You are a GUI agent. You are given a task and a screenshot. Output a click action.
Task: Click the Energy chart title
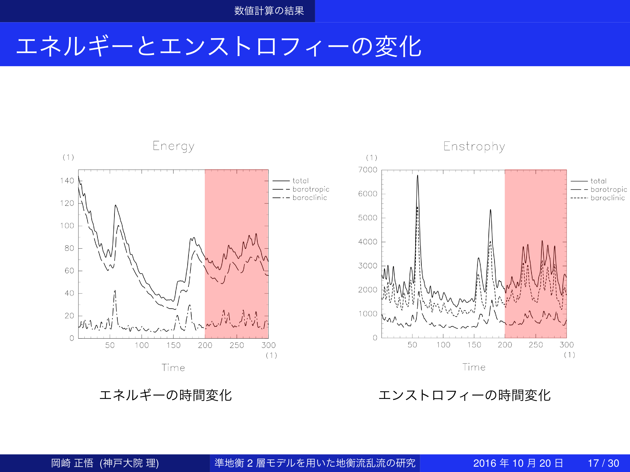[174, 146]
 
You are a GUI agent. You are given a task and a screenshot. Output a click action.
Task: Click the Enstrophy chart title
[474, 147]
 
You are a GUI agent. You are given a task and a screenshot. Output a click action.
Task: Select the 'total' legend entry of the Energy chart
[300, 181]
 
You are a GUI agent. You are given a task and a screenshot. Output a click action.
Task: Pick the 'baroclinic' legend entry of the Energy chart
[310, 198]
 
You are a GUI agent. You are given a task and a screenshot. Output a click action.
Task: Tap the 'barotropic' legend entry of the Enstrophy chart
[608, 190]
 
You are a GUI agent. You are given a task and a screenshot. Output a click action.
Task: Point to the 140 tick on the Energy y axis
[67, 181]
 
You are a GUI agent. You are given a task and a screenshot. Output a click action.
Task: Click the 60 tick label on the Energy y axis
[69, 271]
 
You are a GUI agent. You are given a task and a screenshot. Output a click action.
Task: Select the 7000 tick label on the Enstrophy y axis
[368, 170]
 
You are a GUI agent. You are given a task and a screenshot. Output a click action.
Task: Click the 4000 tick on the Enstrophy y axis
[368, 242]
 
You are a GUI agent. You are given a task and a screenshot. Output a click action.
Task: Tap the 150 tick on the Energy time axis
[174, 345]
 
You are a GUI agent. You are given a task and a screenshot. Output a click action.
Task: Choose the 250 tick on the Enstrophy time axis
[536, 345]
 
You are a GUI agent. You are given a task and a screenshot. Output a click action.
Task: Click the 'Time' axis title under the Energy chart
[173, 368]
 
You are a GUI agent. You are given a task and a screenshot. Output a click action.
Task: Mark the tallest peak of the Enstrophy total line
[417, 176]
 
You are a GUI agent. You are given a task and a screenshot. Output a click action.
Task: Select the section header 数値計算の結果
[269, 11]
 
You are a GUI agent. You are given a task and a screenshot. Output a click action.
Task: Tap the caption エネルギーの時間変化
[165, 395]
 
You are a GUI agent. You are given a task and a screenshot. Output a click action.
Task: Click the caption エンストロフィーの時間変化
[464, 395]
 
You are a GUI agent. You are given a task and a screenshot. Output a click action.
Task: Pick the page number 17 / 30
[603, 463]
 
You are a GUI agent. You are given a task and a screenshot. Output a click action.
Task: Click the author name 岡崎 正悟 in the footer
[72, 463]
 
